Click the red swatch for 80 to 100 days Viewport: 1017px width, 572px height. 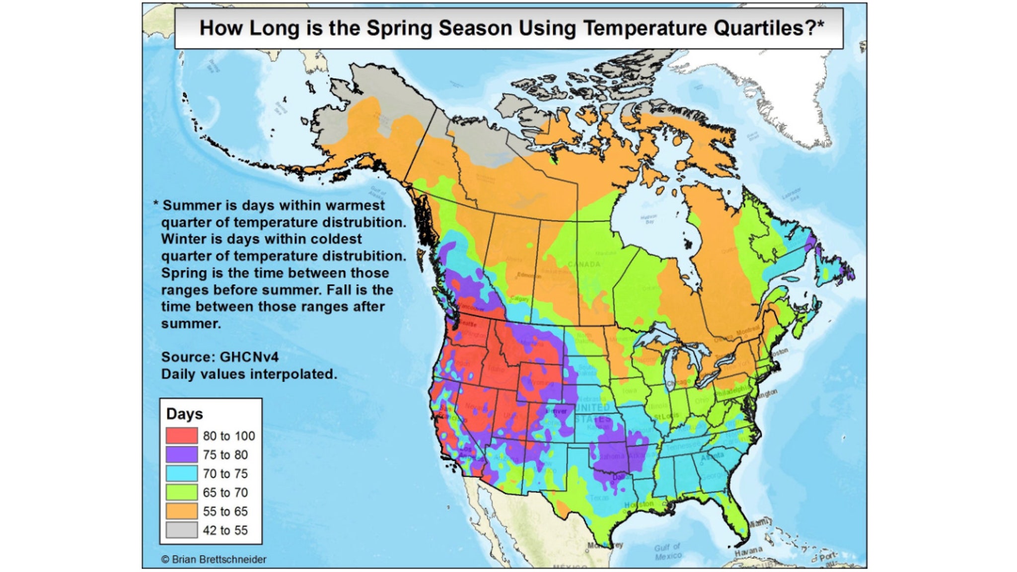(181, 435)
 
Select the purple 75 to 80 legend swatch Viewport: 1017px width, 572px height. (181, 454)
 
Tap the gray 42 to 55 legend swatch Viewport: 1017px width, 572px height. (181, 530)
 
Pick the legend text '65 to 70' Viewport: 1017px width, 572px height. (225, 492)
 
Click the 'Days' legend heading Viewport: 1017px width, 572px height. (184, 414)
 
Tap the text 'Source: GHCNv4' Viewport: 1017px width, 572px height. (219, 357)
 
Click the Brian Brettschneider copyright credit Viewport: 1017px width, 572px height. (214, 559)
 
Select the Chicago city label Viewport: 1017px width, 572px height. (678, 382)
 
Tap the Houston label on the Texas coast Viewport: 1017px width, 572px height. (639, 504)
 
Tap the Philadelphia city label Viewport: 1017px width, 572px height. (732, 391)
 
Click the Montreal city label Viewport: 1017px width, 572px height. (747, 330)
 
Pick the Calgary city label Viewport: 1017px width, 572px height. (520, 299)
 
